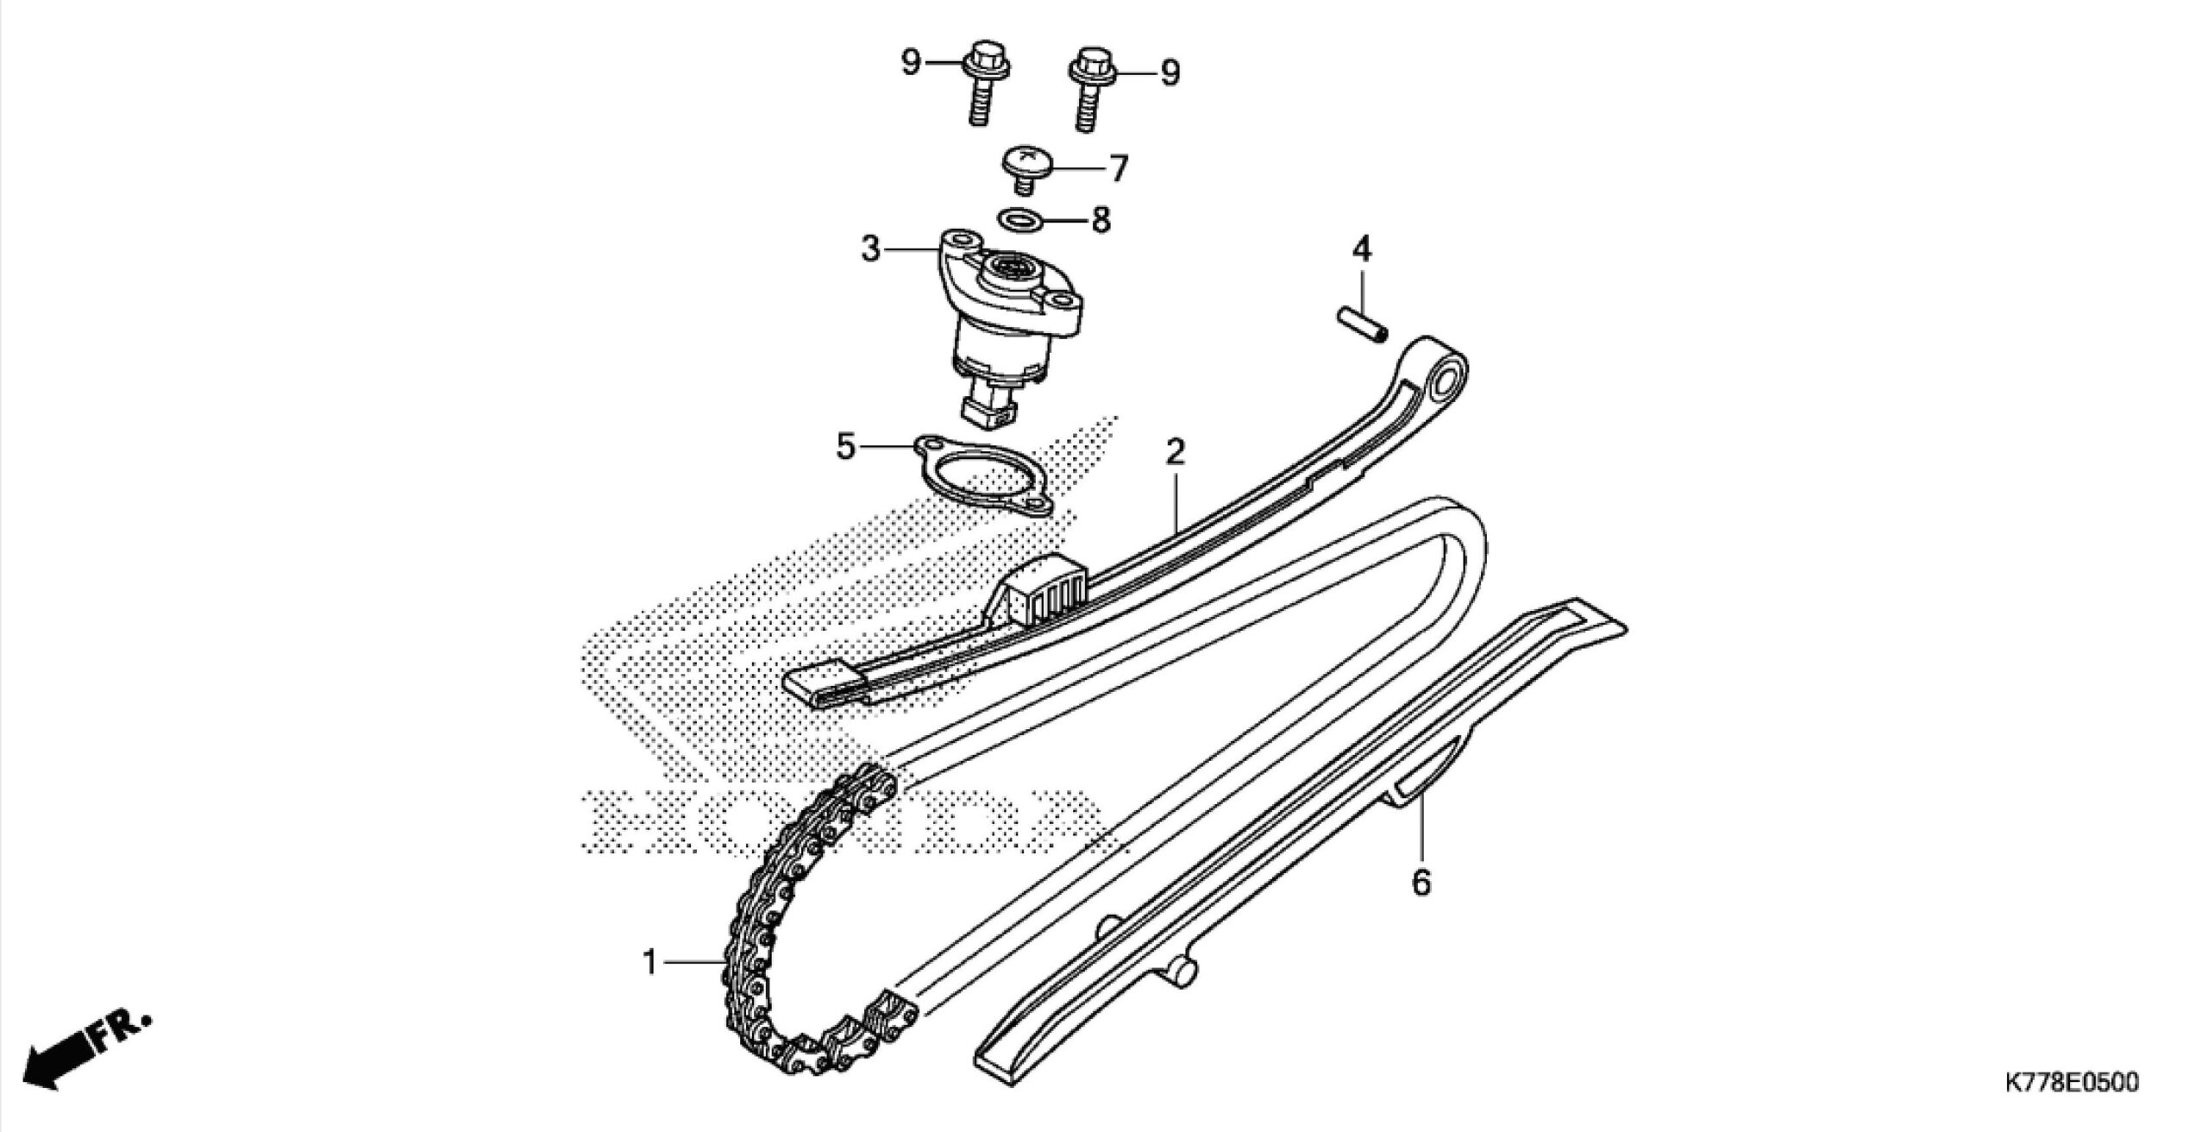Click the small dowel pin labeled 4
click(1360, 326)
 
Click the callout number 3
click(870, 249)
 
